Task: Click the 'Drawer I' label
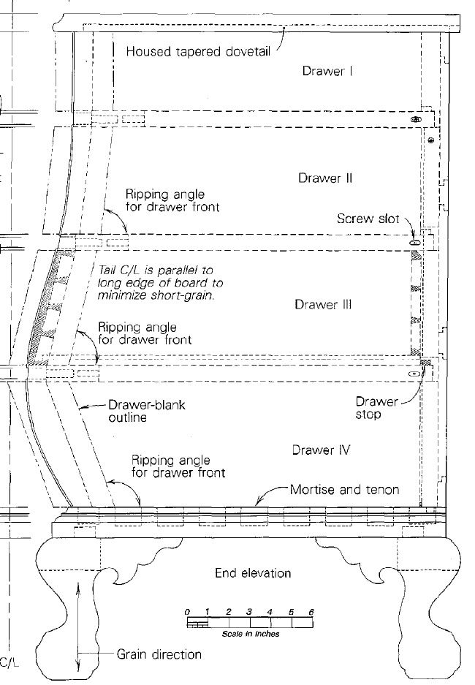coord(327,71)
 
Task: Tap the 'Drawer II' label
coord(325,178)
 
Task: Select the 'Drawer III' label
coord(323,304)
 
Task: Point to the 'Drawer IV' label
coord(321,450)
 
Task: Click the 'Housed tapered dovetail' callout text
coord(198,51)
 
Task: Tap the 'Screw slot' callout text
coord(368,219)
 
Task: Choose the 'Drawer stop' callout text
coord(376,408)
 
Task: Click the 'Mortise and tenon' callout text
coord(344,489)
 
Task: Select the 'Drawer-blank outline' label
coord(147,411)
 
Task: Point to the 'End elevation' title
coord(253,572)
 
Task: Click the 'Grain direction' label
coord(159,654)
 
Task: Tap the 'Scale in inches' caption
coord(251,633)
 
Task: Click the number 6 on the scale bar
coord(311,612)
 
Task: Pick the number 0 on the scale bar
coord(187,612)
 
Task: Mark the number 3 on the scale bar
coord(249,612)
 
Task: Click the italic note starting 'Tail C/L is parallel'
coord(160,283)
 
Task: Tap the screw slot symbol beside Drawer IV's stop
coord(413,374)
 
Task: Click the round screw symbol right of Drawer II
coord(431,140)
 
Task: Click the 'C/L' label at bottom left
coord(9,662)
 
